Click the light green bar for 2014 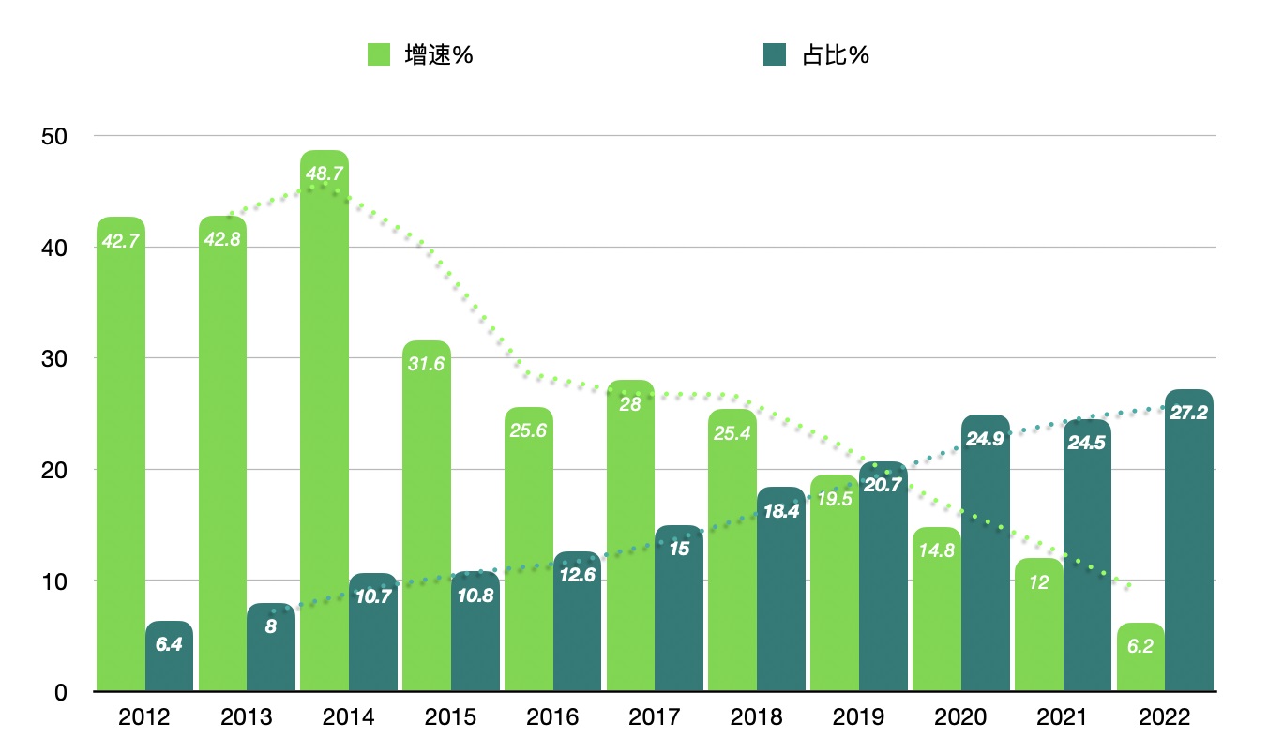[325, 422]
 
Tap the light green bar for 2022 [1140, 657]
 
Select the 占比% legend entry [816, 55]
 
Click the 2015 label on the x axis [450, 718]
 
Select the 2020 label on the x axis [960, 718]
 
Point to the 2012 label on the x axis [144, 718]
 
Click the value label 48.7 [324, 173]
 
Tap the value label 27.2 [1189, 413]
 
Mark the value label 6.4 [169, 644]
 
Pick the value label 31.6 [427, 364]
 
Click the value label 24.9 [985, 438]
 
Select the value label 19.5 [835, 498]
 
